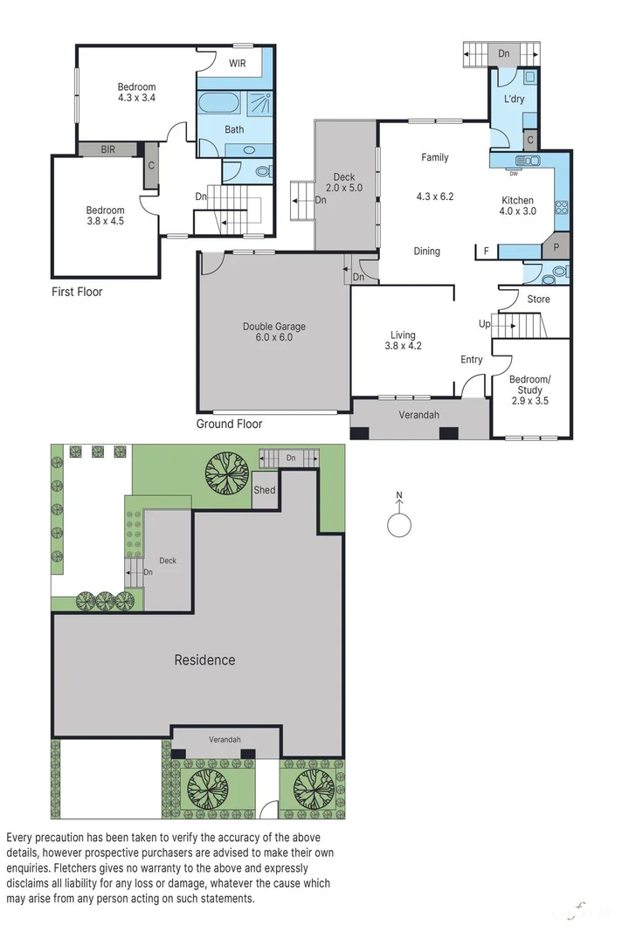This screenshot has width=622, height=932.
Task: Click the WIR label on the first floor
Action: point(238,63)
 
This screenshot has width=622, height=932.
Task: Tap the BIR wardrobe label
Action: point(107,149)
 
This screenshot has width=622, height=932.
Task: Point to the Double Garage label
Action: point(273,327)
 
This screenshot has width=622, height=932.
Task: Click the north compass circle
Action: point(399,526)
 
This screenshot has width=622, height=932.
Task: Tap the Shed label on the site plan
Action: point(264,490)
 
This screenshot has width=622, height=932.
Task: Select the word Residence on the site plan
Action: point(204,659)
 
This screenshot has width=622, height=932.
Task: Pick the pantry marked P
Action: point(556,247)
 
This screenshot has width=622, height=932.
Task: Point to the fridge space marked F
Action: point(487,252)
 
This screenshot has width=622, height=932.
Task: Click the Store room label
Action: point(538,300)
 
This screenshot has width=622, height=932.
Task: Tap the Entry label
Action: point(472,359)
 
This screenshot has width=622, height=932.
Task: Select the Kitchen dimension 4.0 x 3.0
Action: point(516,211)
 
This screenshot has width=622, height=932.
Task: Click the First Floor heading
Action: point(77,292)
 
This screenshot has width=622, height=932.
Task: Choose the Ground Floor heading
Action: point(229,424)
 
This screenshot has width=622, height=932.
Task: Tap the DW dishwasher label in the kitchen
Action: point(514,172)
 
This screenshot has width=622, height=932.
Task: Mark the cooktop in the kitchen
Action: point(562,208)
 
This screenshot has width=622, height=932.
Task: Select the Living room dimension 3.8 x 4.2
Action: point(403,345)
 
